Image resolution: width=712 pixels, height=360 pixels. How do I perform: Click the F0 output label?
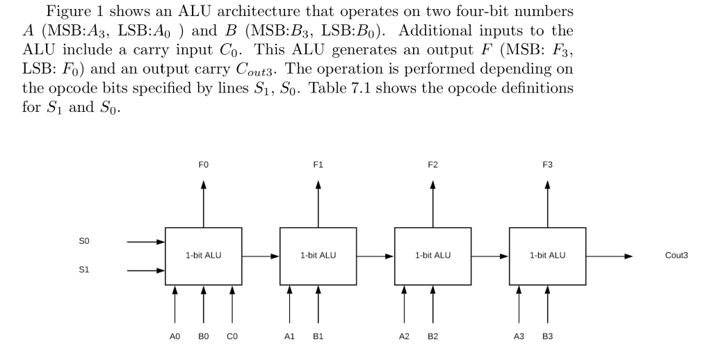(x=203, y=165)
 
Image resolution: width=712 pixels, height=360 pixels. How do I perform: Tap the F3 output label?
(x=547, y=165)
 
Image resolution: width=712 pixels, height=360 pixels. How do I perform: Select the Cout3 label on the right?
(x=676, y=256)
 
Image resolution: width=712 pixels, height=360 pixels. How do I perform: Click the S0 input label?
(x=84, y=242)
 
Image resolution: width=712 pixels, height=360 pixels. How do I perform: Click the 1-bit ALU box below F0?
(x=203, y=256)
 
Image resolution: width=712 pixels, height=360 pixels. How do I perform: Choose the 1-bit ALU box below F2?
(x=432, y=256)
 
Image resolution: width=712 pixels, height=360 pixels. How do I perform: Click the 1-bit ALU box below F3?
(x=547, y=256)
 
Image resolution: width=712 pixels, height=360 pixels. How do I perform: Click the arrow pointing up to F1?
(x=318, y=203)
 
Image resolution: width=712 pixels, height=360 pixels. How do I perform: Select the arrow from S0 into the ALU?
(x=145, y=242)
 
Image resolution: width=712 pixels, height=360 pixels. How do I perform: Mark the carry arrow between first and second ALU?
(x=261, y=256)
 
